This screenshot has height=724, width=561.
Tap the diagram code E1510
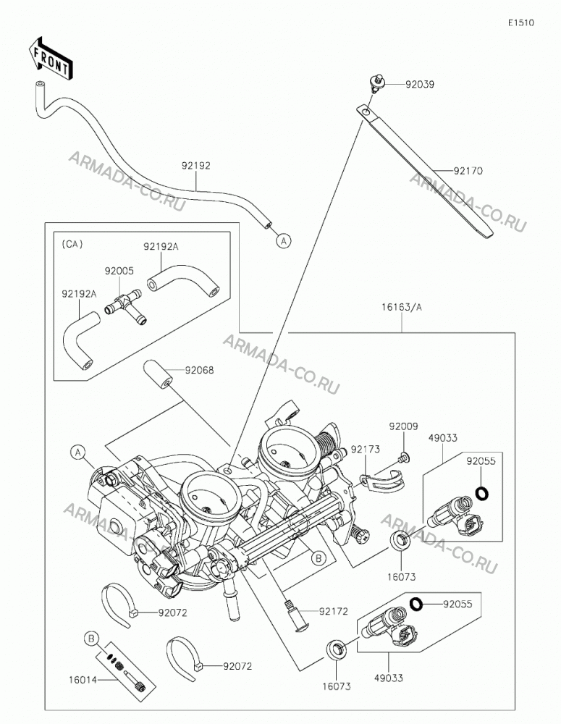point(521,22)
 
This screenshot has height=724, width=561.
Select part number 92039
point(420,85)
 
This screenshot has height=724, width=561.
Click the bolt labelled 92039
point(376,83)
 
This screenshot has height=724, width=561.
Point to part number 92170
point(468,171)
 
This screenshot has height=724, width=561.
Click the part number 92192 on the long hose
point(195,166)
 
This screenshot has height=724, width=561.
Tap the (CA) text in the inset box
point(72,244)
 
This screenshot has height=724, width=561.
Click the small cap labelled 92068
point(158,374)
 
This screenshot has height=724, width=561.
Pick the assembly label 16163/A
point(402,307)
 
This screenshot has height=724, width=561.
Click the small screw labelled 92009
point(403,458)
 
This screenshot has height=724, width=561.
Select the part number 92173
point(366,450)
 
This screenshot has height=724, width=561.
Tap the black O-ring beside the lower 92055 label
point(417,604)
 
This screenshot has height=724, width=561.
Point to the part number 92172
point(334,612)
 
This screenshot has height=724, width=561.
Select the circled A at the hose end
point(284,240)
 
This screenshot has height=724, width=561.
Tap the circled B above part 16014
point(91,639)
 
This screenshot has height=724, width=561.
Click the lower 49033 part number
point(388,678)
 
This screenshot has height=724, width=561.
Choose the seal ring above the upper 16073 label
point(400,541)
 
